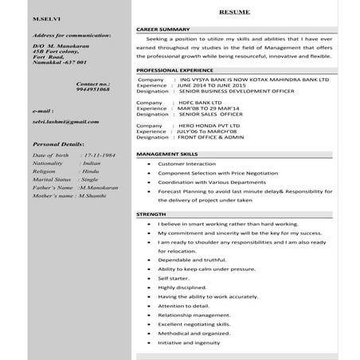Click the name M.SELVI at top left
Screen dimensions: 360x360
click(x=45, y=17)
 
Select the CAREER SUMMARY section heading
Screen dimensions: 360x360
click(x=162, y=29)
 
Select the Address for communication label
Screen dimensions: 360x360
click(x=71, y=36)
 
